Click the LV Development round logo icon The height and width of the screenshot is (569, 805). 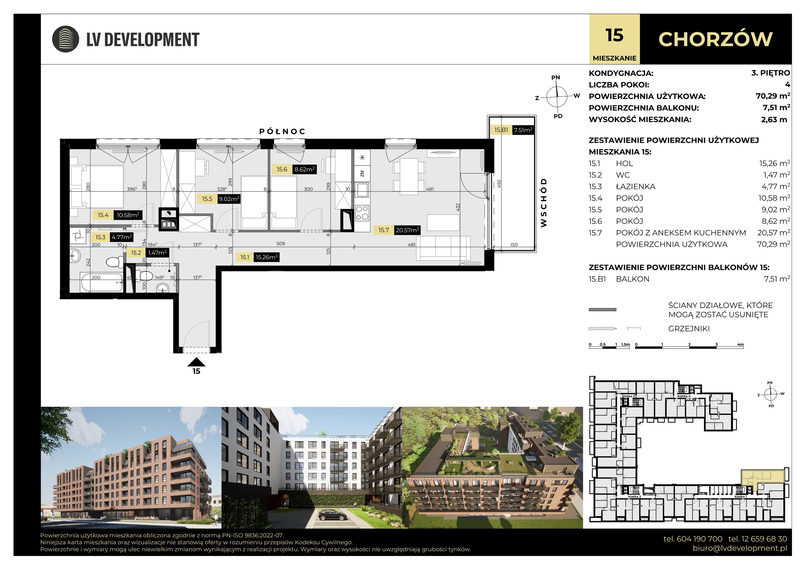coord(66,39)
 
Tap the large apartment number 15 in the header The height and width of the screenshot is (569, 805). coord(614,35)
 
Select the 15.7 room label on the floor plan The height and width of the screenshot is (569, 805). coord(384,230)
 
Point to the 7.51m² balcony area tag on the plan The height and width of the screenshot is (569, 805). coord(523,130)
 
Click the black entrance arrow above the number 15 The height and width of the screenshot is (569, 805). coord(196,362)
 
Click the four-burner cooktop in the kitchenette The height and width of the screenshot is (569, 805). coord(362,213)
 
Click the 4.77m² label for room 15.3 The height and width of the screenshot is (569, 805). coord(122,237)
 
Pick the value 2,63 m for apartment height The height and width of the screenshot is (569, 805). coord(774,119)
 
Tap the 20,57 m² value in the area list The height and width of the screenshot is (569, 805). coord(774,232)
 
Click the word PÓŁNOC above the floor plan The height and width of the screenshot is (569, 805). coord(282,132)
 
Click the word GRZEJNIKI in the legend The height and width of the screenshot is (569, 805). coord(689,329)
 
